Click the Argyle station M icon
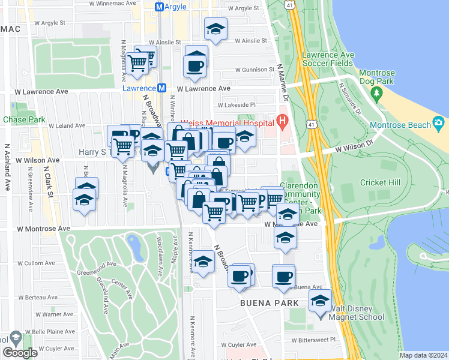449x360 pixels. point(159,7)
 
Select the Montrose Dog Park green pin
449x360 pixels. point(376,93)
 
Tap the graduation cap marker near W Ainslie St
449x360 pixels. point(215,29)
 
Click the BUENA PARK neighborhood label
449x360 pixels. point(265,303)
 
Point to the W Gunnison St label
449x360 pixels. point(255,70)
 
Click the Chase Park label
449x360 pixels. point(24,119)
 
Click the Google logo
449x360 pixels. point(20,353)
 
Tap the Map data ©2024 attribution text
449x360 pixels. point(423,355)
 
